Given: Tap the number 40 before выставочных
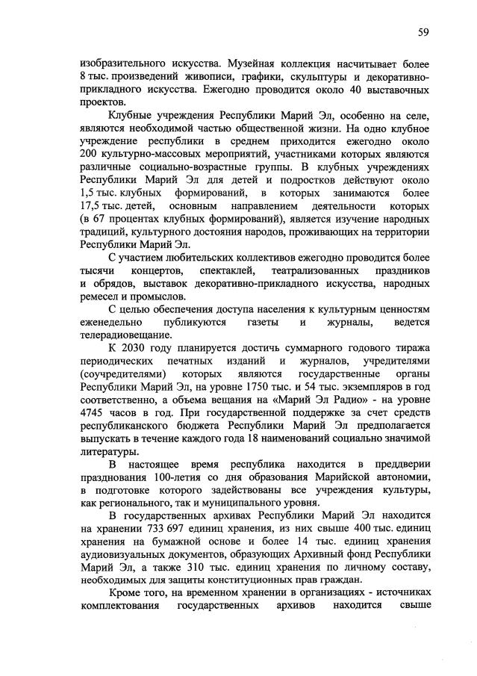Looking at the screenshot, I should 345,90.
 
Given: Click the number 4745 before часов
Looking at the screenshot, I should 93,412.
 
